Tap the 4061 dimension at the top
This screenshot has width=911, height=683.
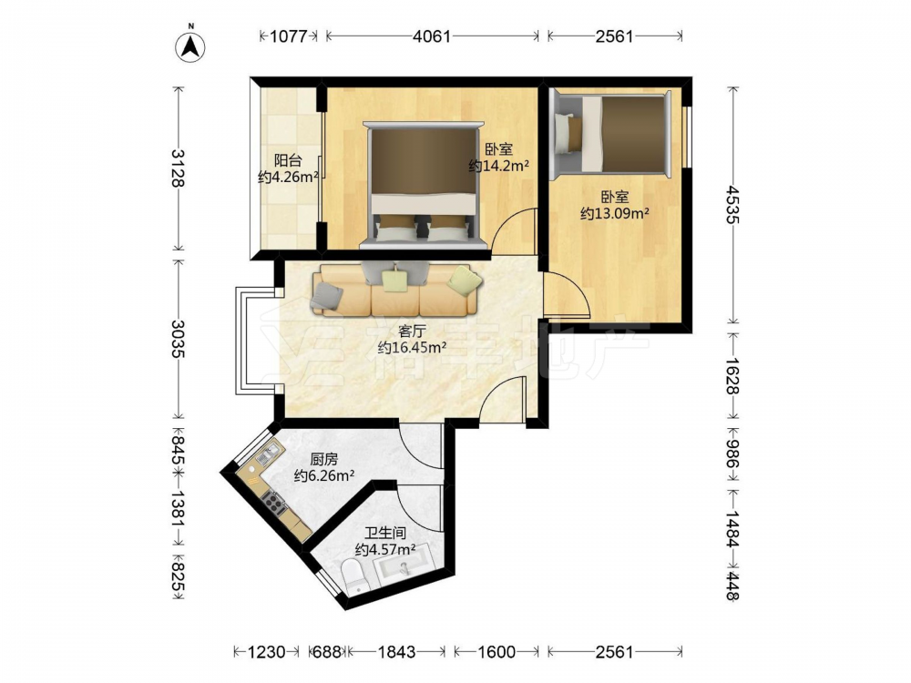click(x=432, y=36)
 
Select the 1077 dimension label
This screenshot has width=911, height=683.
click(x=288, y=36)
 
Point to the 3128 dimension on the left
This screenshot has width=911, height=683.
click(x=178, y=168)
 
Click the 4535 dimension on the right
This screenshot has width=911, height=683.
click(x=733, y=204)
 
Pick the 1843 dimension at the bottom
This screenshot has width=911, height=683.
click(x=397, y=652)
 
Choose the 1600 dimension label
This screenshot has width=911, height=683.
click(x=496, y=652)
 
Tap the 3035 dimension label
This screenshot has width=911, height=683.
click(x=178, y=339)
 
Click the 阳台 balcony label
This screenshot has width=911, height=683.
click(x=288, y=159)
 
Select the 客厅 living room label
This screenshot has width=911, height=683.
click(x=412, y=331)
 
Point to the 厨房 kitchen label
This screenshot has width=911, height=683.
click(x=323, y=459)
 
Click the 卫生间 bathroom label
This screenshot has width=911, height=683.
click(x=385, y=533)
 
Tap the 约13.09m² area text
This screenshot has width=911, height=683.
click(x=615, y=214)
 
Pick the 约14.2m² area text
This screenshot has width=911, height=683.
click(x=498, y=166)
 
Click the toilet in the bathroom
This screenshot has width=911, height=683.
click(x=353, y=576)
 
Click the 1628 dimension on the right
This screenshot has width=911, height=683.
click(x=733, y=376)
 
